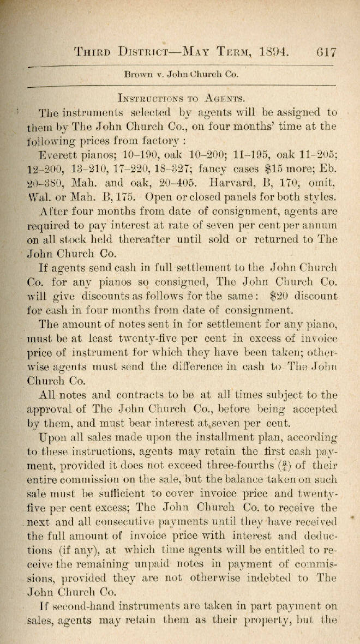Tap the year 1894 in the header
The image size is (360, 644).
(x=273, y=52)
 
